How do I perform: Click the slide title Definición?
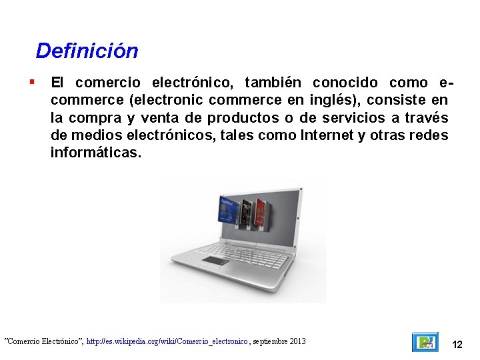(x=87, y=51)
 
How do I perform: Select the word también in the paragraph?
(x=273, y=83)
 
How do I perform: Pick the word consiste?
(x=397, y=100)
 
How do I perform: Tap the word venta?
(x=164, y=118)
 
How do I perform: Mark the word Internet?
(x=328, y=135)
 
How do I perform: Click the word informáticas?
(x=96, y=153)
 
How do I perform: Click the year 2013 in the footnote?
(x=297, y=341)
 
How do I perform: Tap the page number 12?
(x=457, y=345)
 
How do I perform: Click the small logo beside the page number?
(x=425, y=342)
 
